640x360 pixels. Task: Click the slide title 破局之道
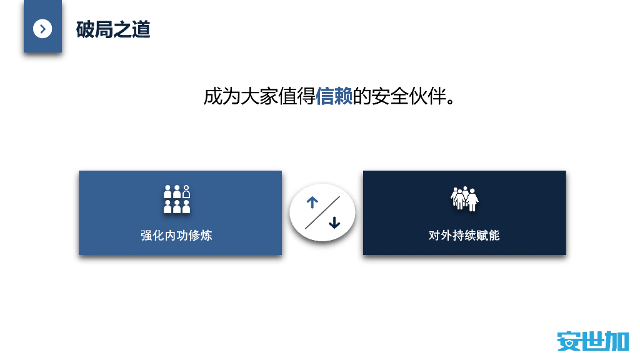113,29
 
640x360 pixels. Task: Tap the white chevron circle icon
42,28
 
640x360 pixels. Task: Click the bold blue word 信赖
334,96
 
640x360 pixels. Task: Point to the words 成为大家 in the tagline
241,96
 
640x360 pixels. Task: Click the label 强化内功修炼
177,236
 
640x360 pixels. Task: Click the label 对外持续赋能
464,236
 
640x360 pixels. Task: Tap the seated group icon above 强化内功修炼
177,199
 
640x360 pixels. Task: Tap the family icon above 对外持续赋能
464,199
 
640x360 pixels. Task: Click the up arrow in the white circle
312,202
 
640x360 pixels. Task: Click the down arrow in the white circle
334,222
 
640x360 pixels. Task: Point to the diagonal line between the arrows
322,212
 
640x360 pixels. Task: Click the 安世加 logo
592,341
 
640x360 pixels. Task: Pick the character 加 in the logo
617,341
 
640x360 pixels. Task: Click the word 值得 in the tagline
296,96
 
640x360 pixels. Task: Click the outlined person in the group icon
186,191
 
